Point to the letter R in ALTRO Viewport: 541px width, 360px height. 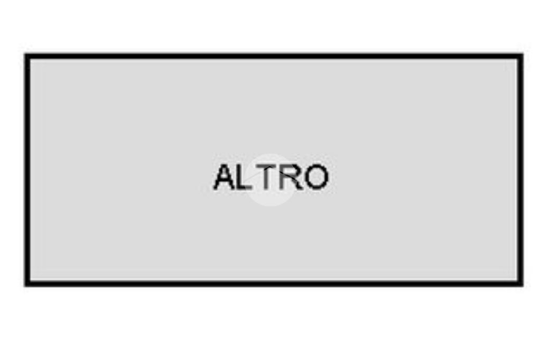click(292, 177)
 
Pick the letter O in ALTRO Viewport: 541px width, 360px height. click(316, 177)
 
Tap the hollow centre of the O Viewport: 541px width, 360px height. click(316, 177)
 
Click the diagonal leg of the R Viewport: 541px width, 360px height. click(297, 184)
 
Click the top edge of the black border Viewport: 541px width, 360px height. click(274, 56)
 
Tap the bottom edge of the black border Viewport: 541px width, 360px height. click(274, 283)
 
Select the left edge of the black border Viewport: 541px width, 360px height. click(27, 169)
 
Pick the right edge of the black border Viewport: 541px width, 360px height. click(520, 169)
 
